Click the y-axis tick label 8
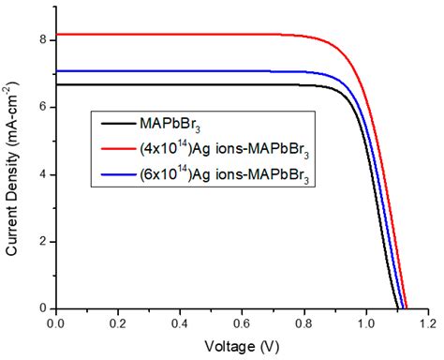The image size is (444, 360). pos(42,40)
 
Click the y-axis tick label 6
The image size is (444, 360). pos(42,107)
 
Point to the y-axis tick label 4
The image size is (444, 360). pos(42,174)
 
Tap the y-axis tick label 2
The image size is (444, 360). pos(42,241)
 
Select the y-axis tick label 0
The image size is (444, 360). pos(42,308)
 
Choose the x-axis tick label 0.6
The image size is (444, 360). pos(243,322)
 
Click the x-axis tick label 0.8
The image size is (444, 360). pos(304,322)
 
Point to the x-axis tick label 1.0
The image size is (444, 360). pos(367,322)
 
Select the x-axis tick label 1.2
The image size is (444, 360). pos(428,322)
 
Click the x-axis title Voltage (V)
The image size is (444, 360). pos(243,344)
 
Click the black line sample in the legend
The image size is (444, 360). pos(116,124)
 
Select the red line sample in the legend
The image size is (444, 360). pos(116,149)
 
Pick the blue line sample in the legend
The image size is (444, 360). pos(116,175)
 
